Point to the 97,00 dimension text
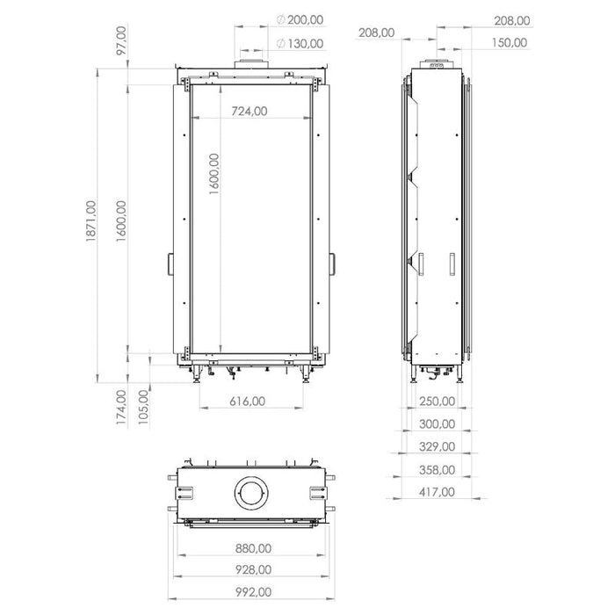pyautogui.click(x=122, y=42)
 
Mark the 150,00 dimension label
pyautogui.click(x=510, y=42)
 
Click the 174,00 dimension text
pyautogui.click(x=122, y=406)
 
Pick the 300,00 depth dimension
pyautogui.click(x=437, y=423)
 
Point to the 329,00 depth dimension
pyautogui.click(x=437, y=446)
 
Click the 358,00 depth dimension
pyautogui.click(x=437, y=469)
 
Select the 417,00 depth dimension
pyautogui.click(x=437, y=492)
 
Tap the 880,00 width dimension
pyautogui.click(x=253, y=548)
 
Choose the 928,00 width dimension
pyautogui.click(x=253, y=571)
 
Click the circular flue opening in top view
pyautogui.click(x=252, y=495)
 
